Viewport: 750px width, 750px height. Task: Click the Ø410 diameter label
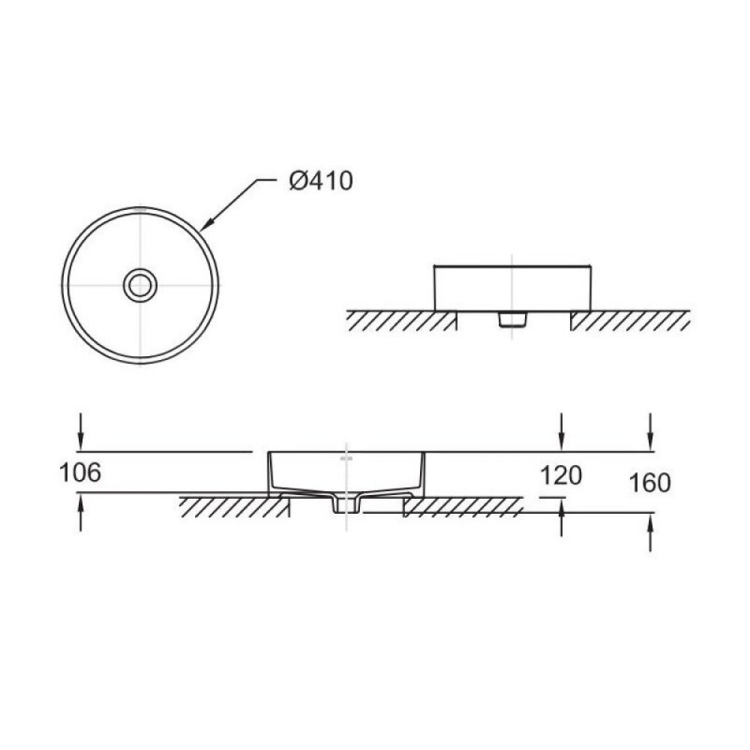321,181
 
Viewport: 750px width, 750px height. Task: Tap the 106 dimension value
80,472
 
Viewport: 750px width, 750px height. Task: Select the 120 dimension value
561,475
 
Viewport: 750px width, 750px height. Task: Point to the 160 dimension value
650,483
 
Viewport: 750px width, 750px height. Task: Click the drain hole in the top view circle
140,286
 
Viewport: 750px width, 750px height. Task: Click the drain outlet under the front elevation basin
512,320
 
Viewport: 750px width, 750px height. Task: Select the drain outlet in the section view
346,504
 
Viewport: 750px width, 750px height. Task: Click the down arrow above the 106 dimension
81,432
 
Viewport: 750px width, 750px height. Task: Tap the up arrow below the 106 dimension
81,512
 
